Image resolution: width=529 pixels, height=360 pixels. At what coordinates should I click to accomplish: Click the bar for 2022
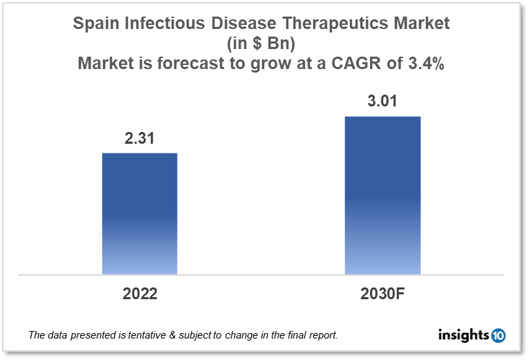140,214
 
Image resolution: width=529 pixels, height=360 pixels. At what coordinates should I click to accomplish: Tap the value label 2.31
140,138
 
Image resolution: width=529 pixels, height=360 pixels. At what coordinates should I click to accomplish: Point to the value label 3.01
382,102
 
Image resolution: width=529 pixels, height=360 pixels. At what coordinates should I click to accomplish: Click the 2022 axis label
140,293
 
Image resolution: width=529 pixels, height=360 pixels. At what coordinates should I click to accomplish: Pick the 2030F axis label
382,293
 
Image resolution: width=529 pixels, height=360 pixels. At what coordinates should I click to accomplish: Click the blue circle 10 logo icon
498,336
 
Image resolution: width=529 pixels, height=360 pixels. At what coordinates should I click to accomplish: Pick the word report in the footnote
322,336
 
